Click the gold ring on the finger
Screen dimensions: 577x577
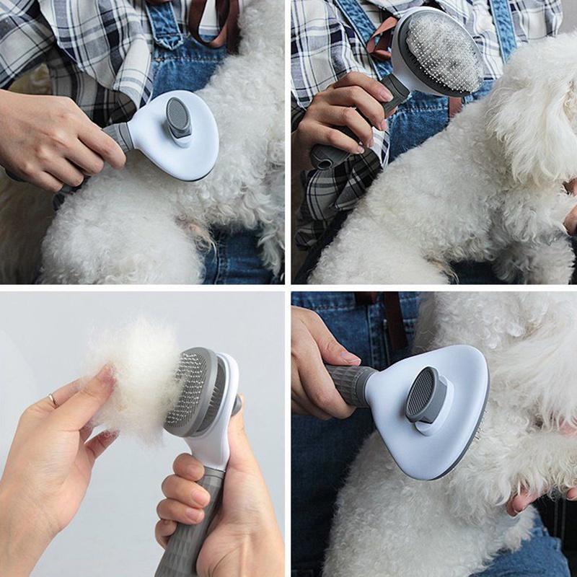(52, 399)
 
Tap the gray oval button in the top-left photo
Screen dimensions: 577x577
(178, 117)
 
